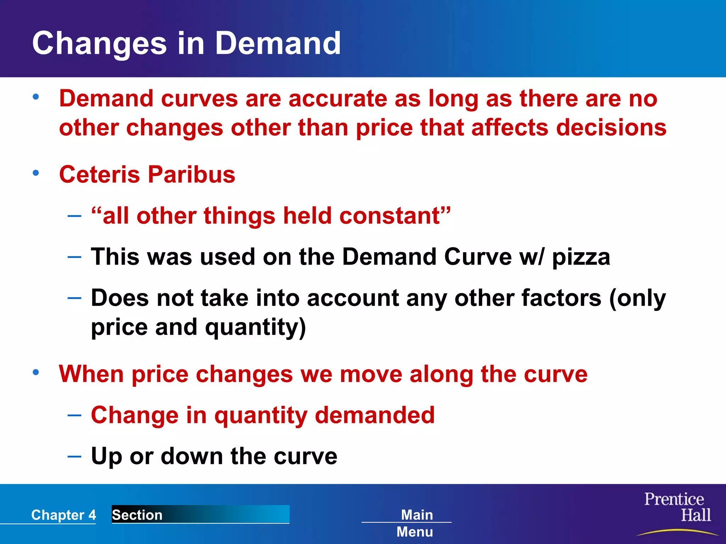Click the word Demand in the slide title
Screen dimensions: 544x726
[278, 43]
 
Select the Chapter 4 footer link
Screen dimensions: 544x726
[63, 515]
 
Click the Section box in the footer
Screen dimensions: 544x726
[200, 515]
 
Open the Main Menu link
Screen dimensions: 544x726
[415, 523]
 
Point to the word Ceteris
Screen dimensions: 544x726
[100, 175]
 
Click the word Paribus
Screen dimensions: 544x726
[191, 175]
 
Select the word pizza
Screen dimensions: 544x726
[581, 257]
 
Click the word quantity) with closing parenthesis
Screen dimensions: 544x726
[255, 327]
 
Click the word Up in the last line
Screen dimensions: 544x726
[106, 456]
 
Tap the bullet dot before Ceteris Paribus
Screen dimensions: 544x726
[36, 173]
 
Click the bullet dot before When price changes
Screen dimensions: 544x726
[36, 372]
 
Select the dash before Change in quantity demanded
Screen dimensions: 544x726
[74, 415]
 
